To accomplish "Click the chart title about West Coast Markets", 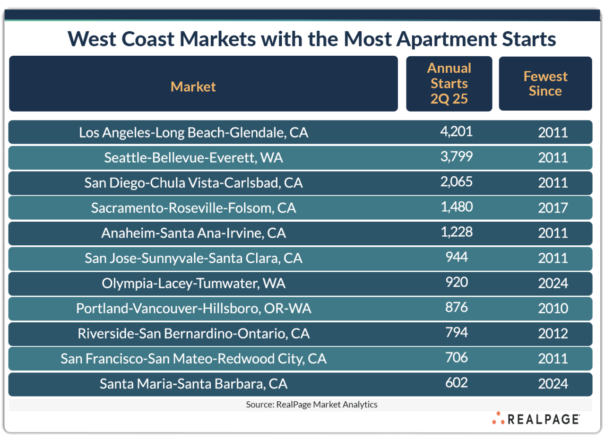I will pyautogui.click(x=311, y=39).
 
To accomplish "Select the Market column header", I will pyautogui.click(x=193, y=86).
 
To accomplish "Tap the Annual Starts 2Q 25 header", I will pyautogui.click(x=449, y=84).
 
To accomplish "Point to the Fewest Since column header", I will pyautogui.click(x=545, y=84).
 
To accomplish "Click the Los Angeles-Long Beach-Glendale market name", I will pyautogui.click(x=193, y=132).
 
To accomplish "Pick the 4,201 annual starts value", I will pyautogui.click(x=456, y=131).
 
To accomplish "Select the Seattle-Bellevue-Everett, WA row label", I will pyautogui.click(x=193, y=157).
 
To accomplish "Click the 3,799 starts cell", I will pyautogui.click(x=456, y=156).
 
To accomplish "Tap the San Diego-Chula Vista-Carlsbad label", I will pyautogui.click(x=193, y=182).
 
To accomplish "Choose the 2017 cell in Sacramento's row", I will pyautogui.click(x=553, y=208).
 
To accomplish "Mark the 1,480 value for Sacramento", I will pyautogui.click(x=456, y=207).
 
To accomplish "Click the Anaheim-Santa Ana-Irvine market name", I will pyautogui.click(x=193, y=233).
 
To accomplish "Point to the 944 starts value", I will pyautogui.click(x=456, y=257).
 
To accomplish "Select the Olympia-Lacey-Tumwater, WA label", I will pyautogui.click(x=193, y=283).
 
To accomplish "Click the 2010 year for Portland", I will pyautogui.click(x=553, y=309).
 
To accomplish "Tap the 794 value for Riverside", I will pyautogui.click(x=456, y=332).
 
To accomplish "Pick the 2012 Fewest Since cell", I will pyautogui.click(x=553, y=334).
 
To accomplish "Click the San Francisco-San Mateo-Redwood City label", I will pyautogui.click(x=193, y=359).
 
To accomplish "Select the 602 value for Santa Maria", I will pyautogui.click(x=456, y=382).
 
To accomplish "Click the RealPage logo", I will pyautogui.click(x=536, y=419).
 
